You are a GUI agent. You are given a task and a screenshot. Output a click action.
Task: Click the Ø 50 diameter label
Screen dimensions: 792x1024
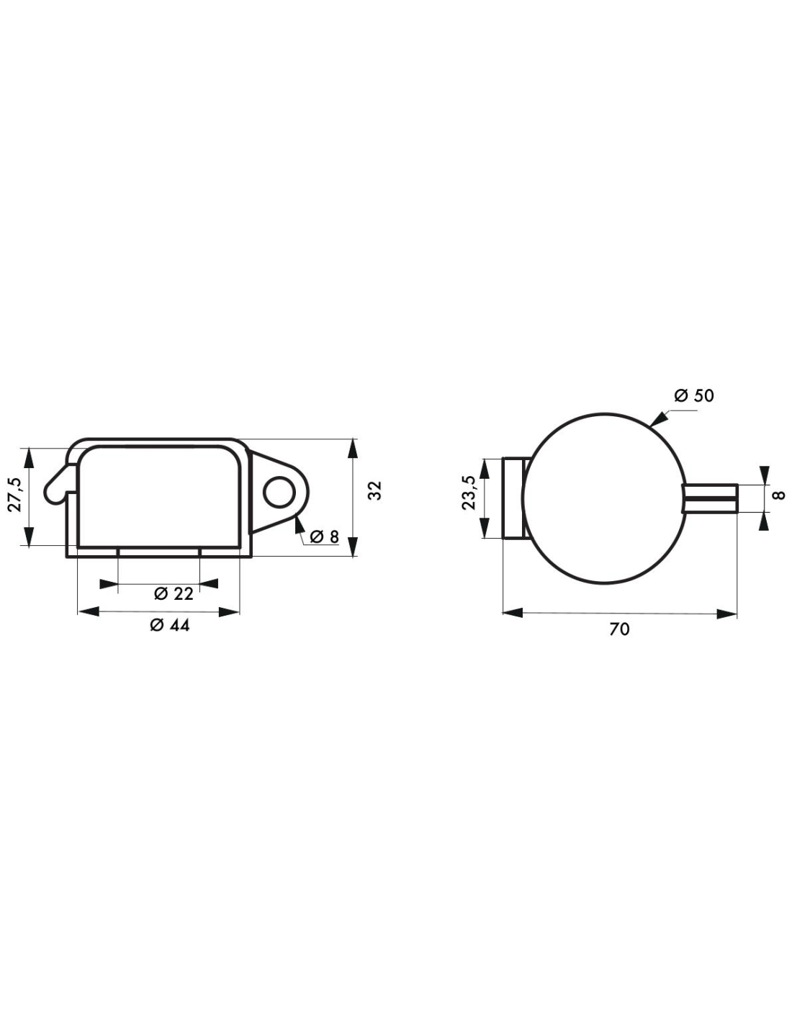[693, 396]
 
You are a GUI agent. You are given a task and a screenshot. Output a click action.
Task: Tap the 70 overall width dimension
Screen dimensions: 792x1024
[619, 629]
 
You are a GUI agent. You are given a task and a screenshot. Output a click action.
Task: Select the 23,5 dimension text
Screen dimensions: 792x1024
[469, 493]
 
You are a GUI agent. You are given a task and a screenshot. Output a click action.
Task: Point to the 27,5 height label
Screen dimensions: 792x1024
[14, 494]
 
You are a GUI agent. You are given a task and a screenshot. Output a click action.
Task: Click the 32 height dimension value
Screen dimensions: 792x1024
[374, 490]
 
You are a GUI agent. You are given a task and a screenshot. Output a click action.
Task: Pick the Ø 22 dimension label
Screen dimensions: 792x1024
[174, 594]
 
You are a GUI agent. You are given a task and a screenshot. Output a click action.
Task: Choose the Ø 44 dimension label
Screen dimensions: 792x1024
[170, 625]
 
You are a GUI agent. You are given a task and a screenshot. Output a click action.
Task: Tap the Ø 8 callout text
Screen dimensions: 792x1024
[325, 536]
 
